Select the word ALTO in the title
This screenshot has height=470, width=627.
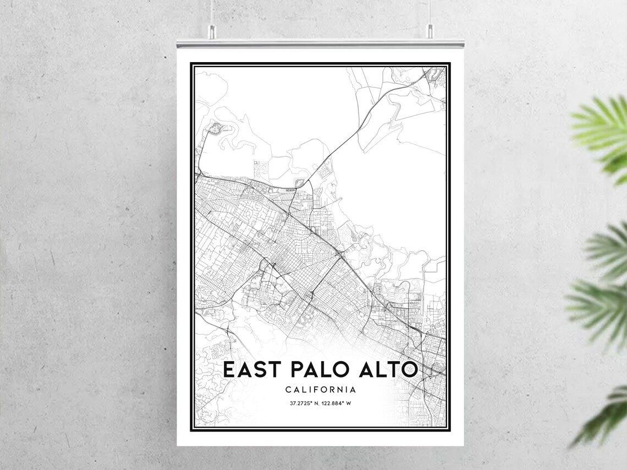(x=388, y=370)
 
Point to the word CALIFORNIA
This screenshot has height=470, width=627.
(x=321, y=390)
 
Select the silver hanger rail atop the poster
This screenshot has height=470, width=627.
(x=320, y=43)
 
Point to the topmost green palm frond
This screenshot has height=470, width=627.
(x=602, y=132)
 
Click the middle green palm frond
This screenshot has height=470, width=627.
(x=599, y=286)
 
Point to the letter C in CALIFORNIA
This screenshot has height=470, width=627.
(x=288, y=390)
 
